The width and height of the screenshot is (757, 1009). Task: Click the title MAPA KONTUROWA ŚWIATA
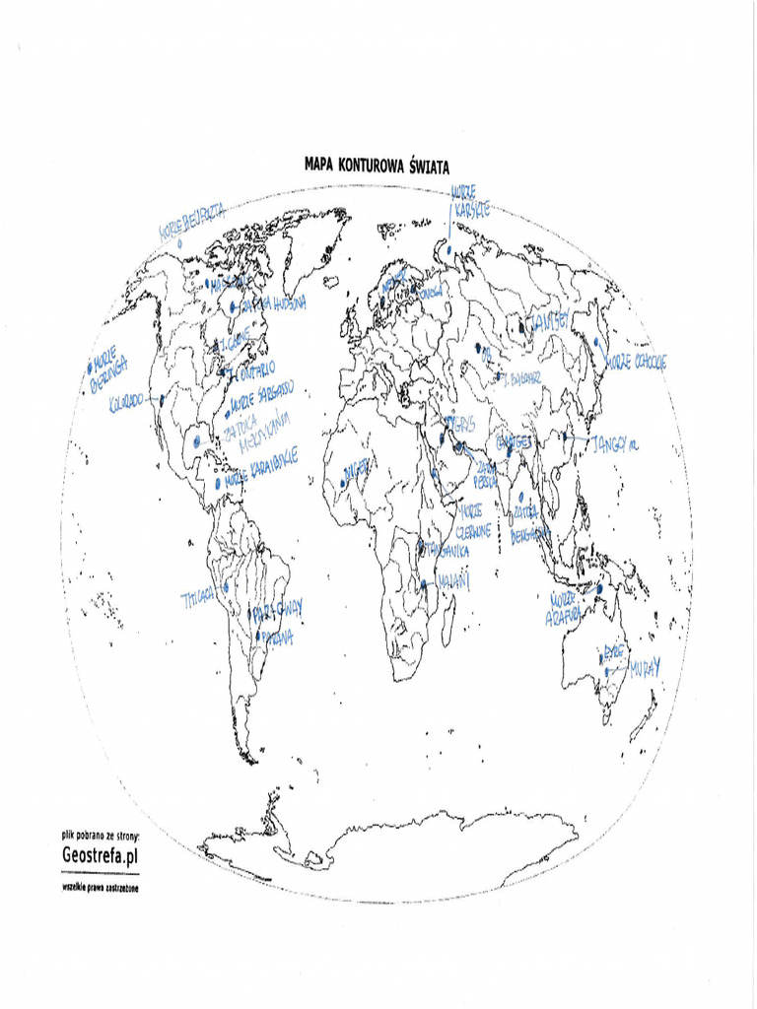pyautogui.click(x=377, y=167)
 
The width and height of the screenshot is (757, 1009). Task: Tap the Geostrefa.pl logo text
pyautogui.click(x=100, y=856)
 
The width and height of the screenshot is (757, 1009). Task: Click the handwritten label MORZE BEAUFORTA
pyautogui.click(x=192, y=222)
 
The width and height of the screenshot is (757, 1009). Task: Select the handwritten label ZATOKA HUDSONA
pyautogui.click(x=267, y=304)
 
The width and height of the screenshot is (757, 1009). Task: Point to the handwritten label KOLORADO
pyautogui.click(x=126, y=401)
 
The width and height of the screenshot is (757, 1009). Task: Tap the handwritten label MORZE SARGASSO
pyautogui.click(x=261, y=397)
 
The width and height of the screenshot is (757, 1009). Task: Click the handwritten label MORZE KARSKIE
pyautogui.click(x=470, y=201)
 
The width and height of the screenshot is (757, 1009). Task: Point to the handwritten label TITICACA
pyautogui.click(x=198, y=598)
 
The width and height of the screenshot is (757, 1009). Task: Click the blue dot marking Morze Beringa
pyautogui.click(x=88, y=370)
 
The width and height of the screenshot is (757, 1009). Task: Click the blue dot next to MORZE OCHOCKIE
pyautogui.click(x=596, y=344)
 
